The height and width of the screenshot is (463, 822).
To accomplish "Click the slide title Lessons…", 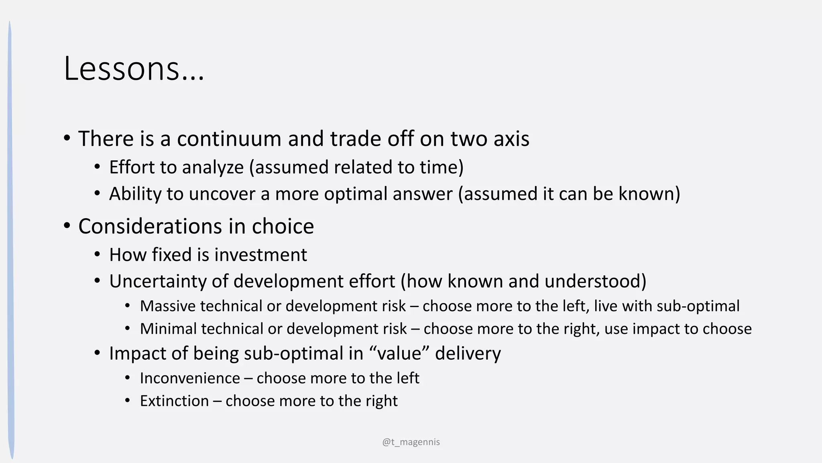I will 134,69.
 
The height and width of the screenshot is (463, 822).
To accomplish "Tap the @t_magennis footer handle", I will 411,442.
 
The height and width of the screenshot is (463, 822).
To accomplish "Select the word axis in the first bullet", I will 511,139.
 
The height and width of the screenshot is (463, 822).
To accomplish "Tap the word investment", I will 261,255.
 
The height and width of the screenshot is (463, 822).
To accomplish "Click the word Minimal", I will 168,329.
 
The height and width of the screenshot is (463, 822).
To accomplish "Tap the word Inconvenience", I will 190,379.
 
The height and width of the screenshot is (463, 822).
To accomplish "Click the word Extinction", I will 174,401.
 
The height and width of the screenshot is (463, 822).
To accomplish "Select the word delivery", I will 468,354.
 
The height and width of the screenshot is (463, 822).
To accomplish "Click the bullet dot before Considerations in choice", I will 67,225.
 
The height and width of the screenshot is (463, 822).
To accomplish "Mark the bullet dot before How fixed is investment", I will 98,255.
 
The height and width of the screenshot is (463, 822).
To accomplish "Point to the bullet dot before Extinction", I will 128,401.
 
